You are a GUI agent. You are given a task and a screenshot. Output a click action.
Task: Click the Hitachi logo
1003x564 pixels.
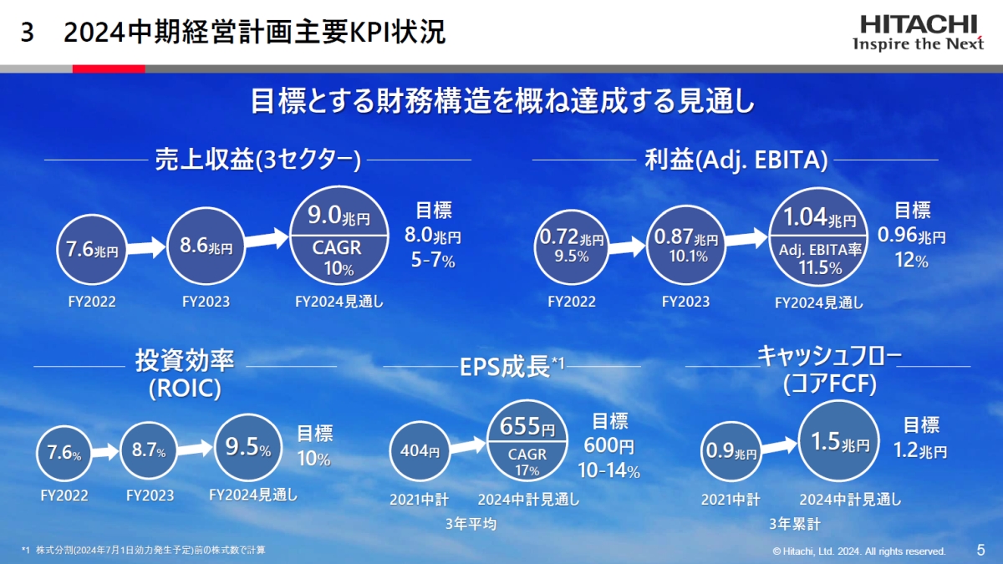[918, 33]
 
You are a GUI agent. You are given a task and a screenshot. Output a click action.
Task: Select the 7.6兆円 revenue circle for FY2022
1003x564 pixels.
[92, 249]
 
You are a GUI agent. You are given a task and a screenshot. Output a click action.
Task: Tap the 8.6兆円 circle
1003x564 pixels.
[206, 246]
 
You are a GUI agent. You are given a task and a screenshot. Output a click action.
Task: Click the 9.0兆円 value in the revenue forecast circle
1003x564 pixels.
[339, 216]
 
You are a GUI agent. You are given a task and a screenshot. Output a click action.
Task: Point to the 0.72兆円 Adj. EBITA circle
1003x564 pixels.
[572, 246]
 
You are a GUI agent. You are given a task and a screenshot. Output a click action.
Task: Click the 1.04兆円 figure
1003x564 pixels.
[819, 217]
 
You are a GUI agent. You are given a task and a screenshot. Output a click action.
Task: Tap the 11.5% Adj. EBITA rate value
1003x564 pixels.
[820, 267]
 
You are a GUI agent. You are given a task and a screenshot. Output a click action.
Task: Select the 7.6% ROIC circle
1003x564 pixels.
[64, 453]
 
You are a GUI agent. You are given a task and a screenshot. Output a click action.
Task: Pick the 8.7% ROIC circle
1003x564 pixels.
[149, 450]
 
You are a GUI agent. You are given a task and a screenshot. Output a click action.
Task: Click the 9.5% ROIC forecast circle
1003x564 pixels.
[248, 448]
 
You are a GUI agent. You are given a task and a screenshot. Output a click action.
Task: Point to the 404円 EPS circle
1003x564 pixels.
[420, 451]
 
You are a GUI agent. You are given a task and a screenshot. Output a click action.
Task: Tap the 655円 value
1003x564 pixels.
[527, 426]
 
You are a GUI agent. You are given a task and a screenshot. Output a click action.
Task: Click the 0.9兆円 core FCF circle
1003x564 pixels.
[731, 451]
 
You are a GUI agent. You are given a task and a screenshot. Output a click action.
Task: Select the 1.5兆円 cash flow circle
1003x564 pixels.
[838, 441]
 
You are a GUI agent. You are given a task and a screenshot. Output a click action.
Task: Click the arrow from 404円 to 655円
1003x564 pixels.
[468, 446]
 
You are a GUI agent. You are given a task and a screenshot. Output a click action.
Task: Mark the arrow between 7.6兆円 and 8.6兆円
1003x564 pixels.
[146, 248]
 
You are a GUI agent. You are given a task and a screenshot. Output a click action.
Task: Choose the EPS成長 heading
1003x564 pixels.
[512, 367]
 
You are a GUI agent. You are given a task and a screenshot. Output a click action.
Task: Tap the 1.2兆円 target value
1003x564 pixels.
[920, 450]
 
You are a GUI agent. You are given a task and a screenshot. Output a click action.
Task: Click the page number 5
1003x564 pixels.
[980, 550]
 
